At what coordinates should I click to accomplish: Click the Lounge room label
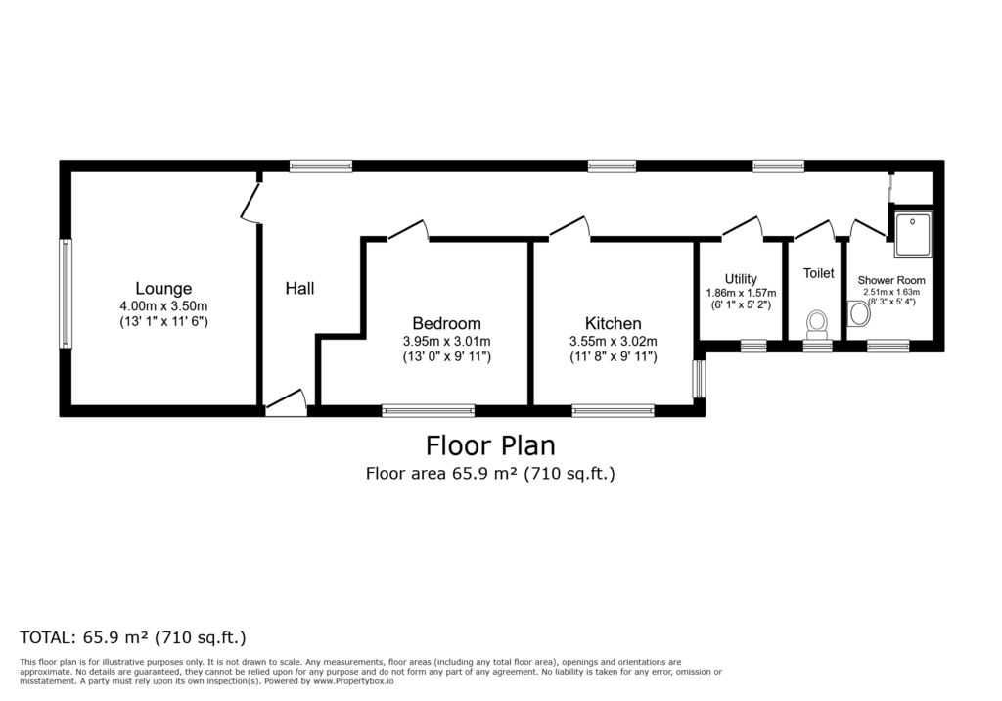tap(163, 289)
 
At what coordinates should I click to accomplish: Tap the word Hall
tap(299, 289)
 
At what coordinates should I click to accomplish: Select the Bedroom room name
tap(446, 323)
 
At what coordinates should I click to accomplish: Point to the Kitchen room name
tap(614, 323)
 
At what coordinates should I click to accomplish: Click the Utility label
tap(741, 279)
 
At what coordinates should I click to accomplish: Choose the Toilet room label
tap(819, 273)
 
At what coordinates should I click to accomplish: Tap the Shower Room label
tap(891, 280)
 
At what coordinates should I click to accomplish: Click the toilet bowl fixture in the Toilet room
tap(817, 324)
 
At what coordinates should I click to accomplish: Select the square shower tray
tap(913, 234)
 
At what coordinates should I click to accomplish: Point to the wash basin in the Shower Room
tap(859, 314)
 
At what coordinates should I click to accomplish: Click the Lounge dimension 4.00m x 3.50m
tap(163, 306)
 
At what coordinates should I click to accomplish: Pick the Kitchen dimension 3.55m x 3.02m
tap(614, 342)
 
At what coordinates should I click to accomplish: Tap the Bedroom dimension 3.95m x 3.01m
tap(446, 342)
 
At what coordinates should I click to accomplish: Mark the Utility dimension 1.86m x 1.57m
tap(742, 293)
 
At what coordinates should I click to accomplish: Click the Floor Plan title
tap(490, 445)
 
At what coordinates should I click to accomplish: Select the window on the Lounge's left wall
tap(66, 294)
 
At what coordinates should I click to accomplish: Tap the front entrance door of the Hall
tap(287, 404)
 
